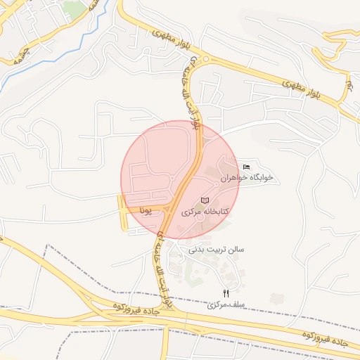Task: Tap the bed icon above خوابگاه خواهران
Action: (245, 167)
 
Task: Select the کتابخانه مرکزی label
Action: (206, 212)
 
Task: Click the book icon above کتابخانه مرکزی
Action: (205, 201)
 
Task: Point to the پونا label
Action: (146, 210)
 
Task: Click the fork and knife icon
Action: (226, 293)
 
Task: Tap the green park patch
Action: (73, 8)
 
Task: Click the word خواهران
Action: (234, 179)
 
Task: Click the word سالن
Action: (234, 249)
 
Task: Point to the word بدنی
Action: (198, 249)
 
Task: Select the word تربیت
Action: (216, 249)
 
